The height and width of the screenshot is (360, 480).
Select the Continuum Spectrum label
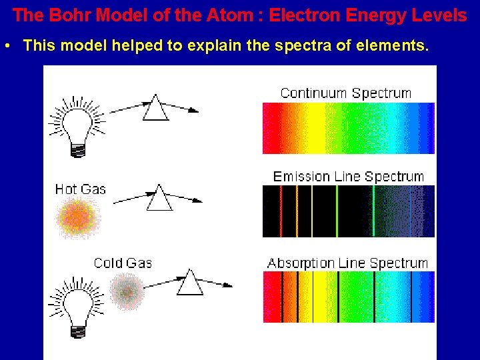[x=345, y=93]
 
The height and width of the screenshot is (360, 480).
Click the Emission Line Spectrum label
[x=348, y=177]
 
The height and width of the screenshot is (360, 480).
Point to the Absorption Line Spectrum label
[x=347, y=263]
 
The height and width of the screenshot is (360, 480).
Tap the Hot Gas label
[x=80, y=189]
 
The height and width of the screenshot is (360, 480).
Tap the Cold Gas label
[x=123, y=263]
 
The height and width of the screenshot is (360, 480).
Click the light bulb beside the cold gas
[x=75, y=307]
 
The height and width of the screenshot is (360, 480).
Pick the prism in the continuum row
[x=155, y=107]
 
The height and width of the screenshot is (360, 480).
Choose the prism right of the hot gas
[x=159, y=197]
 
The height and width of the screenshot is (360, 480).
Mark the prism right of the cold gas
[x=190, y=282]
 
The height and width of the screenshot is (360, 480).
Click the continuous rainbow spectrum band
[x=348, y=128]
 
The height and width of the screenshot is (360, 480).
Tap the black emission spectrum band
[x=348, y=211]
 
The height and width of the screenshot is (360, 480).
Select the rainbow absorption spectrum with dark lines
[x=348, y=297]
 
